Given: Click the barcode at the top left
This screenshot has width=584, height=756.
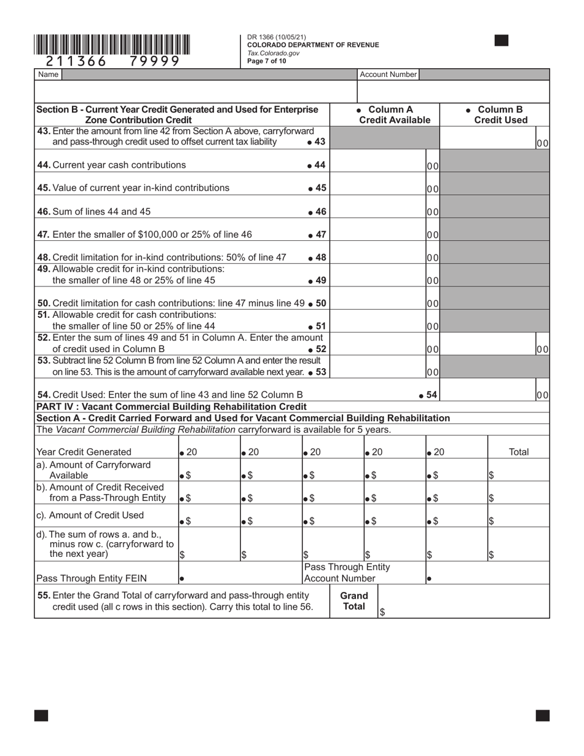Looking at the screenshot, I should tap(112, 45).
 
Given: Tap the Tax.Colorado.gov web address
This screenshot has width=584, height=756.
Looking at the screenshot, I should tap(273, 53).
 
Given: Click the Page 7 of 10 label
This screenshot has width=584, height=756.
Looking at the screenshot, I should tap(266, 61).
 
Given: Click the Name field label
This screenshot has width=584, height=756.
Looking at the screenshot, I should tap(48, 74).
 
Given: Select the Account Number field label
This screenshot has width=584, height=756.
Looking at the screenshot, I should tap(388, 74).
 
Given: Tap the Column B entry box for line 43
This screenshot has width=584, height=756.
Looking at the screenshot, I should tap(488, 138).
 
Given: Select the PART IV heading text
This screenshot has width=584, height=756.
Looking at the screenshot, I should tap(171, 406).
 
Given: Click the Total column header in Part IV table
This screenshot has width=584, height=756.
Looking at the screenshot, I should tap(519, 452).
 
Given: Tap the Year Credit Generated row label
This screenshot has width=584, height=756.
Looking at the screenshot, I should tap(84, 452).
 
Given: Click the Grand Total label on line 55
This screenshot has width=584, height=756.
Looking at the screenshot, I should tap(354, 600).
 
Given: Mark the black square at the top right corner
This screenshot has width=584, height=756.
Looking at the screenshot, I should tap(502, 41).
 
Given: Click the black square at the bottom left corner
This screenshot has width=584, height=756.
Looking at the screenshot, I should tap(41, 715).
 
